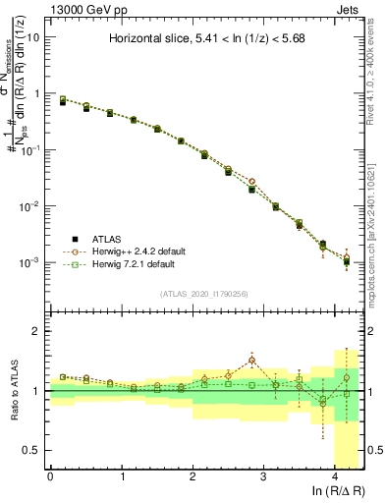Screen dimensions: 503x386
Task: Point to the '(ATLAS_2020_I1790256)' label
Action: pyautogui.click(x=205, y=294)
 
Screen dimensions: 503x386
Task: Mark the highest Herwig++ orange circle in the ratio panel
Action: pyautogui.click(x=252, y=360)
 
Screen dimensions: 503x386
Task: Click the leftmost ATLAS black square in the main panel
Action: pyautogui.click(x=63, y=101)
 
